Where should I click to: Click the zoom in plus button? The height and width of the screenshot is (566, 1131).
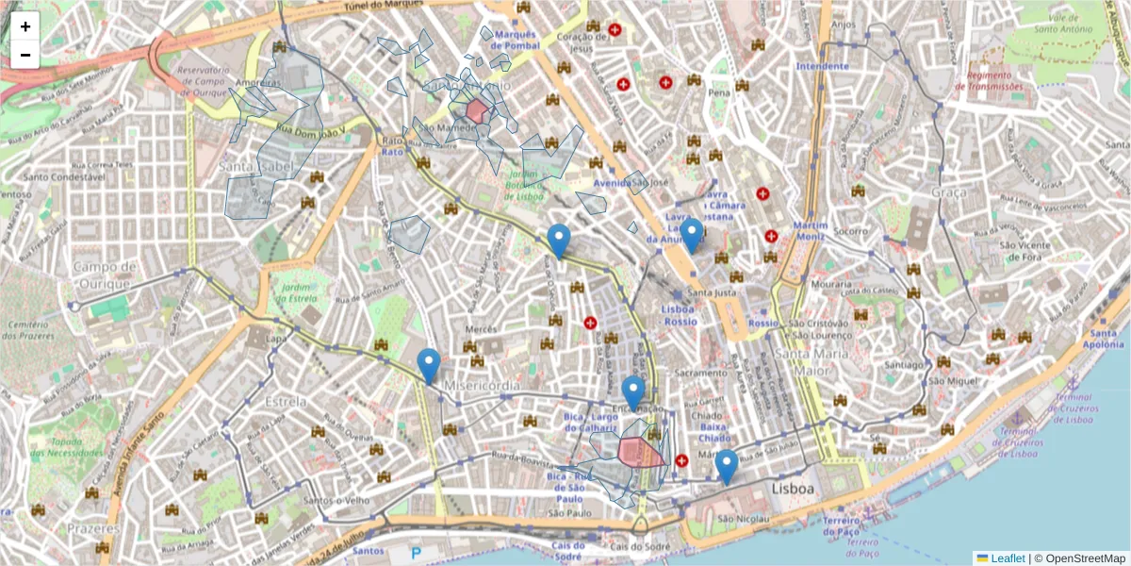(x=25, y=26)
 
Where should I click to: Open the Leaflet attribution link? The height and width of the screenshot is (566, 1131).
(x=1008, y=558)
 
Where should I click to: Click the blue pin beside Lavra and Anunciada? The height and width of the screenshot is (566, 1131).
(x=691, y=235)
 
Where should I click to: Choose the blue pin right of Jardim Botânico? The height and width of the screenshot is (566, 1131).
(x=559, y=241)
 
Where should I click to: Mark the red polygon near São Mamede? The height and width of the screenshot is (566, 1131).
(x=477, y=111)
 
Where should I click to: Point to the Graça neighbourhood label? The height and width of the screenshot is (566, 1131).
(x=947, y=192)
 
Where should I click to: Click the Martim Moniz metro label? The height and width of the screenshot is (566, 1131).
(x=810, y=231)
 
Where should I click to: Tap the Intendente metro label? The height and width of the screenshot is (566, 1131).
(x=822, y=66)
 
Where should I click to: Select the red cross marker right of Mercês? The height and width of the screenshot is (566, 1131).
(x=591, y=324)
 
